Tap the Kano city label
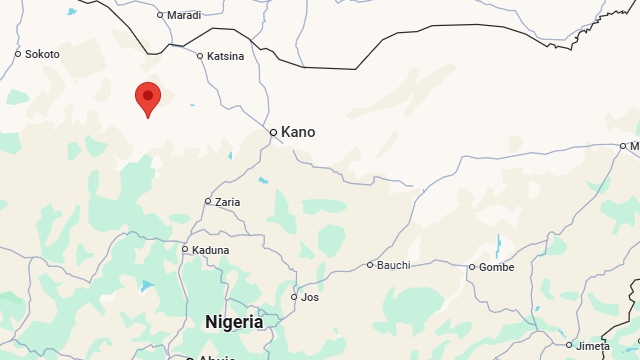point(298,132)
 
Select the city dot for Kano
point(273,132)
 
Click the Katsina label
point(225,56)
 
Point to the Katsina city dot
point(200,56)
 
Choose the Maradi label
point(183,15)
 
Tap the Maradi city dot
point(160,15)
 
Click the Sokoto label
point(42,54)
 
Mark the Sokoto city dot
point(18,54)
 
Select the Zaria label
point(228,202)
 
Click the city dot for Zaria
point(208,201)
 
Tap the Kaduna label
point(211,250)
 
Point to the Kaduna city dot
point(185,249)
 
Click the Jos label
point(310,297)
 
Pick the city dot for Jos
point(294,297)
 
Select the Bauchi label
point(393,265)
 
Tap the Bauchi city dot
point(370,265)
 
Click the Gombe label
point(496,267)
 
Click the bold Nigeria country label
point(234,322)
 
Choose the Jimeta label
point(593,346)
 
